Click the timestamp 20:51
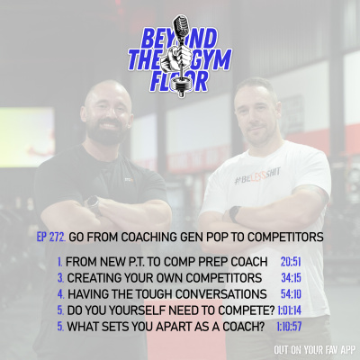pyautogui.click(x=291, y=262)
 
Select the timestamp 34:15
pyautogui.click(x=291, y=278)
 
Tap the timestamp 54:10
pyautogui.click(x=291, y=294)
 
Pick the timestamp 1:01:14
pyautogui.click(x=291, y=310)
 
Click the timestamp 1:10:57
pyautogui.click(x=291, y=327)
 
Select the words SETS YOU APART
pyautogui.click(x=154, y=327)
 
